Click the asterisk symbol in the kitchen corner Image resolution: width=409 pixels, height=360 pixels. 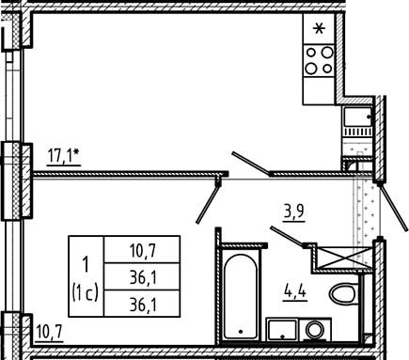[319, 29]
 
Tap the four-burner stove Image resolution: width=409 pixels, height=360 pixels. [319, 60]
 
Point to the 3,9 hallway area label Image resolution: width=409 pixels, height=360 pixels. [294, 213]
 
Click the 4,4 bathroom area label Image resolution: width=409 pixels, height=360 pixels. [295, 292]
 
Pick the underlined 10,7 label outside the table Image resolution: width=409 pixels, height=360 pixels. [50, 333]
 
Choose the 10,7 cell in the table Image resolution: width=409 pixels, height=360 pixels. [142, 250]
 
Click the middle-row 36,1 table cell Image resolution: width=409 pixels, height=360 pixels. [142, 276]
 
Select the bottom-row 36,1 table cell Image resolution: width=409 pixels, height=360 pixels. [142, 304]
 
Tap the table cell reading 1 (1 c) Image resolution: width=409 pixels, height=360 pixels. [87, 276]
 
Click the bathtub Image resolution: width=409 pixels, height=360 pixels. [241, 296]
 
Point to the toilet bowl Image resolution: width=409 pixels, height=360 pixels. [344, 293]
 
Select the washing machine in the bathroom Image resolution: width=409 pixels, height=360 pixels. [314, 330]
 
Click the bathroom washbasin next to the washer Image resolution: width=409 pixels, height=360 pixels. [282, 330]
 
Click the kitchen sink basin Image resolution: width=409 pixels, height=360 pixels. [357, 117]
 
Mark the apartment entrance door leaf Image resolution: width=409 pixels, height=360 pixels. [394, 207]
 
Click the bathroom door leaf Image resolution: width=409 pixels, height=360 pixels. [288, 236]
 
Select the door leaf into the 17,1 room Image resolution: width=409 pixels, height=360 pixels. [251, 163]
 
